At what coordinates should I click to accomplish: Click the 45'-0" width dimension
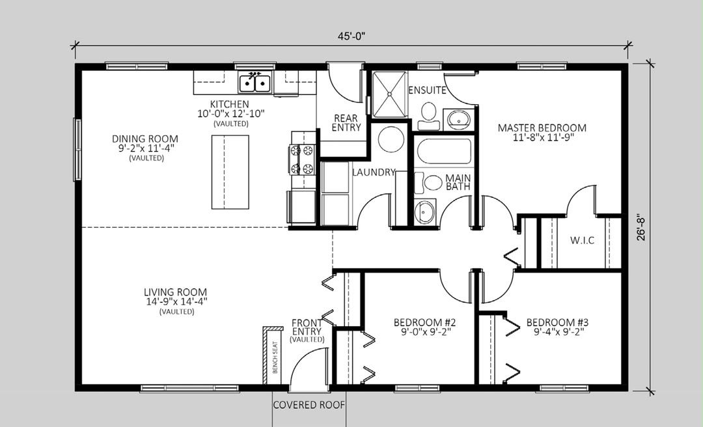(x=351, y=36)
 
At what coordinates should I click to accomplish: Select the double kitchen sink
(x=255, y=83)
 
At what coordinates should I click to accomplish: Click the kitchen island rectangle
(x=230, y=172)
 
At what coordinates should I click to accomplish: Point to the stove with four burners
(x=302, y=159)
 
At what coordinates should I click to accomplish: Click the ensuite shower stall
(x=390, y=94)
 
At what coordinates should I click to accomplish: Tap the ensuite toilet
(x=428, y=115)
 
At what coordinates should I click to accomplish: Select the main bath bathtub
(x=444, y=152)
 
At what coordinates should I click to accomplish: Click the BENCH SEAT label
(x=275, y=357)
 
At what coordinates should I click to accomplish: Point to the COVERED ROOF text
(x=309, y=405)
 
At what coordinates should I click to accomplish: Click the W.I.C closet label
(x=583, y=240)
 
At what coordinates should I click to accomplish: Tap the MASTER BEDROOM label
(x=542, y=128)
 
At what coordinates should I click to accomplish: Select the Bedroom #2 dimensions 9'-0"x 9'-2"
(x=426, y=333)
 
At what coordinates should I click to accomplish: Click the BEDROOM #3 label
(x=557, y=322)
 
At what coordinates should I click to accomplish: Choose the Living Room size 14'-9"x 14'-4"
(x=176, y=302)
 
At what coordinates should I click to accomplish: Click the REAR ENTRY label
(x=346, y=122)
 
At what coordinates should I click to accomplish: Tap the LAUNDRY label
(x=374, y=172)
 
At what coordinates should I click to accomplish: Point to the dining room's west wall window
(x=77, y=149)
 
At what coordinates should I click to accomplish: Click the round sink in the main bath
(x=424, y=212)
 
